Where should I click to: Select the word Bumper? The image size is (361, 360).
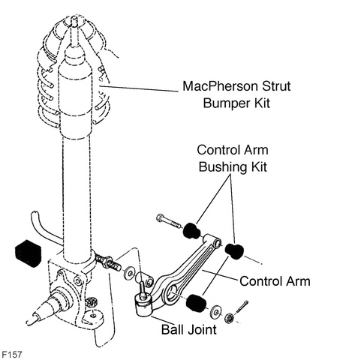[227, 103]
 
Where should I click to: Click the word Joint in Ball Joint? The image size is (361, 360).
[203, 329]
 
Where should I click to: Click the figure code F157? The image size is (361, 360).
[12, 354]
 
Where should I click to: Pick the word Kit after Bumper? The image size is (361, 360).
[262, 103]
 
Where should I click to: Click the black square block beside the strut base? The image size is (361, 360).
[28, 253]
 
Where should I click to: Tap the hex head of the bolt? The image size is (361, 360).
[160, 218]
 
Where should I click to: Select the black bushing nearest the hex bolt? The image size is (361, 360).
[191, 230]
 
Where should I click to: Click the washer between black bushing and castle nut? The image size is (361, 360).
[215, 312]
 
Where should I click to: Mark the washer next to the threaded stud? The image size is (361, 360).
[129, 273]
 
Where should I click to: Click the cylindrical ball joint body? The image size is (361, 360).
[143, 305]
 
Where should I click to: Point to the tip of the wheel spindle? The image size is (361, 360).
[29, 322]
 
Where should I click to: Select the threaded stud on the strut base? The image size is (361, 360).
[108, 263]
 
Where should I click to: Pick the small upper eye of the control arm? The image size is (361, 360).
[217, 242]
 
